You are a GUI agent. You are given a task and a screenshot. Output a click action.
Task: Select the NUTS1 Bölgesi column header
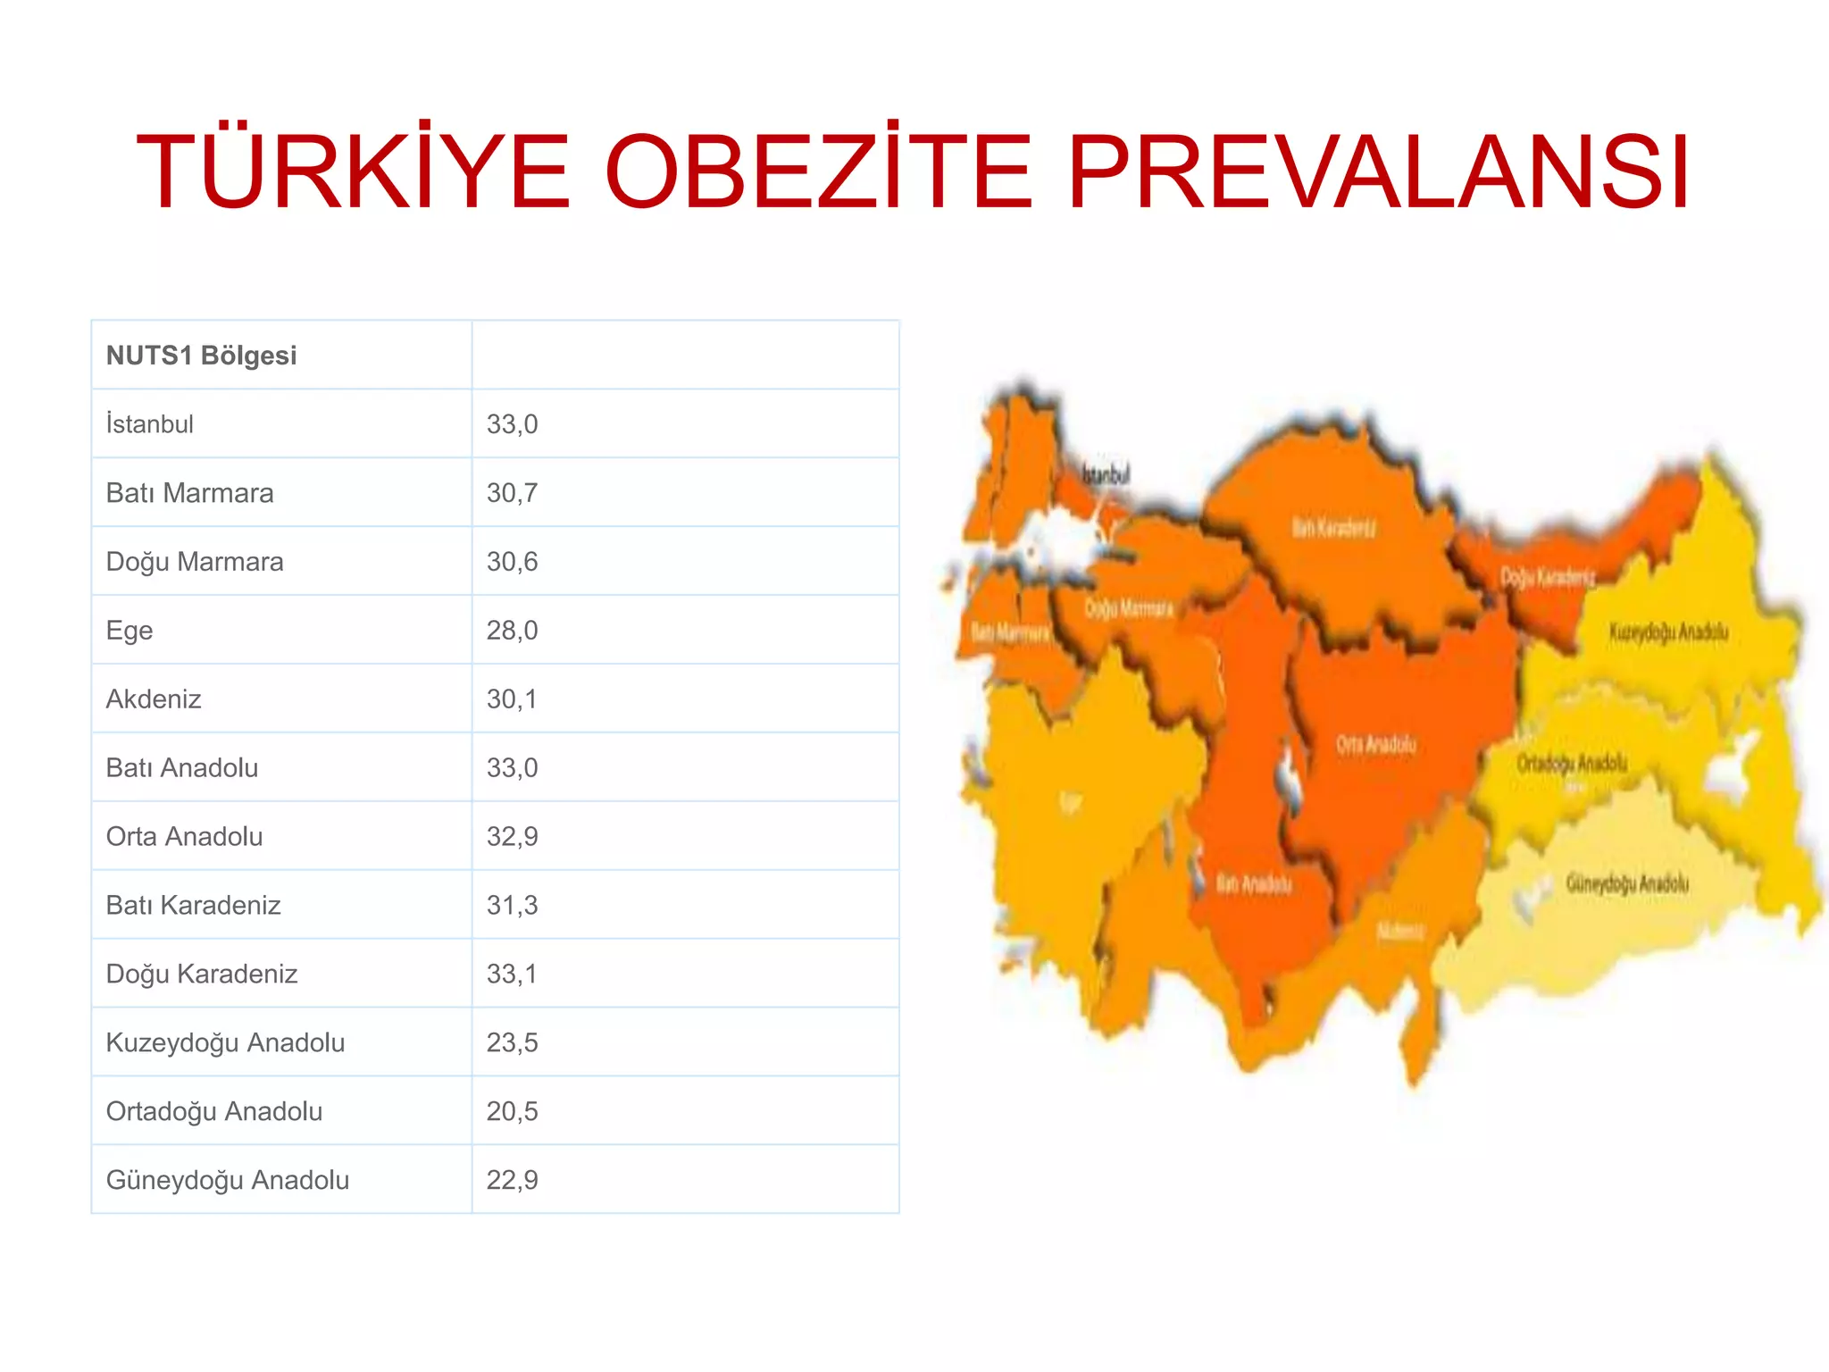(x=201, y=356)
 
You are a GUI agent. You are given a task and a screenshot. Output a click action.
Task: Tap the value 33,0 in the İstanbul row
(x=512, y=424)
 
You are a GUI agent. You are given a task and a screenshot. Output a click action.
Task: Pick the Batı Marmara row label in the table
(x=189, y=493)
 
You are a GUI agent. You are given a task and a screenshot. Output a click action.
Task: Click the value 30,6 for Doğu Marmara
(x=512, y=562)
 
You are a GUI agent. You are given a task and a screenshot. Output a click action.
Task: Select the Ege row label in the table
(x=129, y=631)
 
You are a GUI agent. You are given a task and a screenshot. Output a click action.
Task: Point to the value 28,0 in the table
(x=512, y=631)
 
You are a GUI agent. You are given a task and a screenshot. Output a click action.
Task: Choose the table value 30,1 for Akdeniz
(x=512, y=699)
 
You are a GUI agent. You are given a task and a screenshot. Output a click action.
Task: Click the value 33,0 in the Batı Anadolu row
(x=512, y=768)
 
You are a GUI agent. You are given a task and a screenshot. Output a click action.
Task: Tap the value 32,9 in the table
(x=512, y=837)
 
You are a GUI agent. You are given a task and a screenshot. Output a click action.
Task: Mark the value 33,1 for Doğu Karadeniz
(x=512, y=974)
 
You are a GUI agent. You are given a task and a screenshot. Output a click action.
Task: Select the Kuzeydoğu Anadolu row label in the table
(x=225, y=1042)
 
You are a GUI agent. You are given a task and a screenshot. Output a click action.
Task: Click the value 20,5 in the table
(x=512, y=1111)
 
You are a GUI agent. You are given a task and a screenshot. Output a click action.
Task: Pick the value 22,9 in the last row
(x=512, y=1180)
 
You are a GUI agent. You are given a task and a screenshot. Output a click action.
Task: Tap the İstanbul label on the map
(x=1106, y=474)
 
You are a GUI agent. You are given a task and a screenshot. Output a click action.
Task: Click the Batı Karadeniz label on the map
(x=1334, y=528)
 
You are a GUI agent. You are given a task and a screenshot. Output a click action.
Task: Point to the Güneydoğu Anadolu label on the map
(x=1627, y=883)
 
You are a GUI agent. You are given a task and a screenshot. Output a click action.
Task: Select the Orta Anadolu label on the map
(x=1376, y=744)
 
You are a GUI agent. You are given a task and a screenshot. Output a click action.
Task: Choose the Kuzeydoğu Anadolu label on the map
(x=1668, y=632)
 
